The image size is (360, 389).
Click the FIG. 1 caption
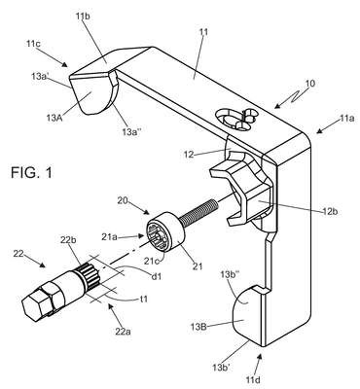[x=31, y=172]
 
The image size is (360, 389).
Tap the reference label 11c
[x=33, y=44]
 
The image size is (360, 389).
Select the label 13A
[x=54, y=117]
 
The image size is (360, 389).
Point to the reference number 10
[x=310, y=84]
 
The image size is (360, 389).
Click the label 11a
[x=346, y=119]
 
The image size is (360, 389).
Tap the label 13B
[x=198, y=327]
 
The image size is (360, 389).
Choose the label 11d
[x=253, y=379]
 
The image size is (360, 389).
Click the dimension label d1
[x=157, y=276]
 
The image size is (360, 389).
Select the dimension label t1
[x=143, y=299]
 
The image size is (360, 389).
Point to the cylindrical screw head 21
[x=165, y=231]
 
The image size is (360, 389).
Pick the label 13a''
[x=131, y=131]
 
